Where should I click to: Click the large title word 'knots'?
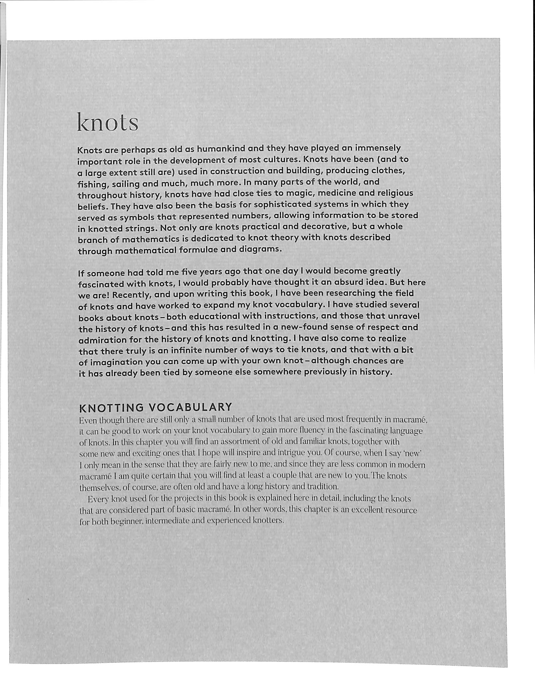(108, 122)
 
